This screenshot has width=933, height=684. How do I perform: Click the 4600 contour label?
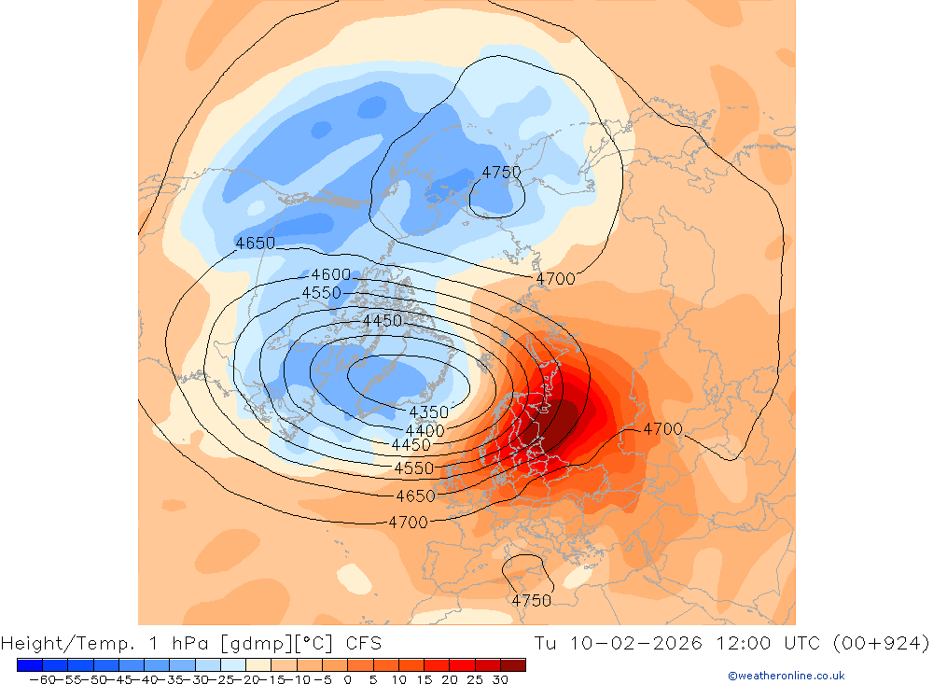click(330, 274)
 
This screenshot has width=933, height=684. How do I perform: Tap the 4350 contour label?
click(428, 412)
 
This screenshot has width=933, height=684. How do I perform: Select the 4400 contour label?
click(425, 431)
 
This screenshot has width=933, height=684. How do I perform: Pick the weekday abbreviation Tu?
click(547, 643)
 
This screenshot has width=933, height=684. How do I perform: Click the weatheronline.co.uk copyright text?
click(786, 676)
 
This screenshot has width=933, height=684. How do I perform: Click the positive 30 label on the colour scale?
click(500, 679)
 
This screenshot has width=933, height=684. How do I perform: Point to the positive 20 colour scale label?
click(449, 679)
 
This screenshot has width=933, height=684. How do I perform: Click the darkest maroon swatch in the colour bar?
click(513, 664)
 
